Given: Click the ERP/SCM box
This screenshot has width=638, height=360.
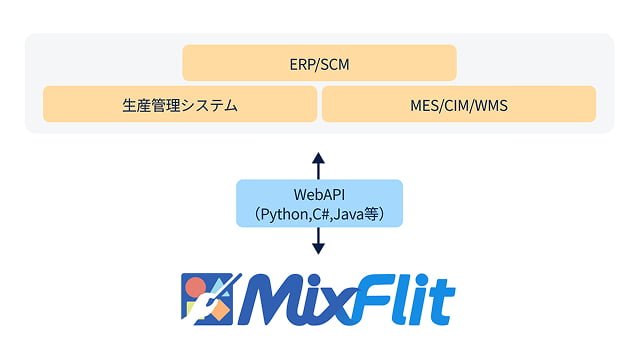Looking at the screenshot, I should click(x=319, y=63).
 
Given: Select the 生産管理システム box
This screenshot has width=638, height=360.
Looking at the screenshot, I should click(x=180, y=104).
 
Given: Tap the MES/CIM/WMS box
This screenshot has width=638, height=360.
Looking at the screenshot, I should click(x=459, y=104).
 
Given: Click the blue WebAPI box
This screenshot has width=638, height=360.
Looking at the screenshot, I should click(x=319, y=203).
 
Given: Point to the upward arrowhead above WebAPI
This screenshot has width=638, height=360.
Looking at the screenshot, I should click(x=319, y=157).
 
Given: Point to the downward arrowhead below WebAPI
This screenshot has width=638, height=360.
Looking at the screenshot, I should click(x=319, y=249).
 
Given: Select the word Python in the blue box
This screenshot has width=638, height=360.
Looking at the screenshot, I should click(x=285, y=213).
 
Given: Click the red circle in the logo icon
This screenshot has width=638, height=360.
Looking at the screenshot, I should click(x=196, y=284).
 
